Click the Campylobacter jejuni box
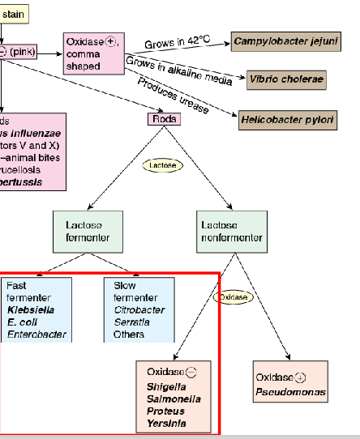coord(285,41)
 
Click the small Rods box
coord(163,119)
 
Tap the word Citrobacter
coord(139,309)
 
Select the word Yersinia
coord(166,423)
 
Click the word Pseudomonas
coord(291,392)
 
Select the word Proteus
coord(165,411)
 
